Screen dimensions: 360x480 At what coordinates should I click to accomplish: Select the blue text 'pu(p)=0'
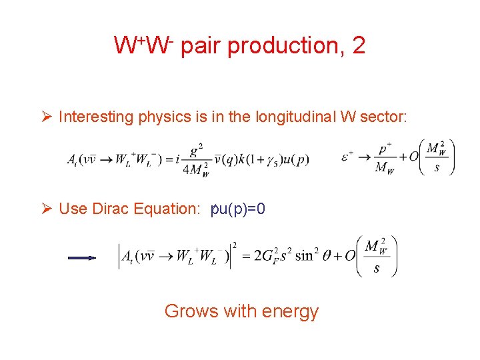coord(238,209)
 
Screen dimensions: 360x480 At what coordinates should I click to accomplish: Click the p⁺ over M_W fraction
coord(385,159)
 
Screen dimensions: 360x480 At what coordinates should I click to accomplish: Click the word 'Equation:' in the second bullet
coord(170,209)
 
